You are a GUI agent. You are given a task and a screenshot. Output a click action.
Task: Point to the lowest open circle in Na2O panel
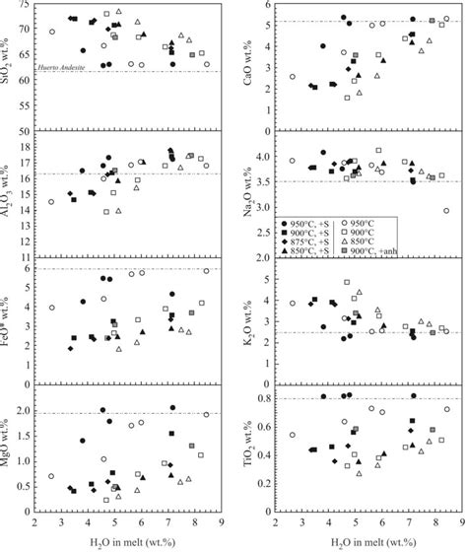(446, 211)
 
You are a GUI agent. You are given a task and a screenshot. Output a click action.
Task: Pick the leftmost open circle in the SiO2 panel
(52, 32)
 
